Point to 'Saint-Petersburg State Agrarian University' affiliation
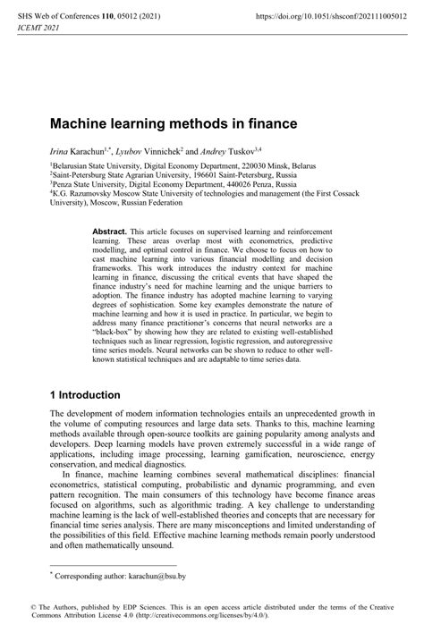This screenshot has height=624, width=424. [x=117, y=177]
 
